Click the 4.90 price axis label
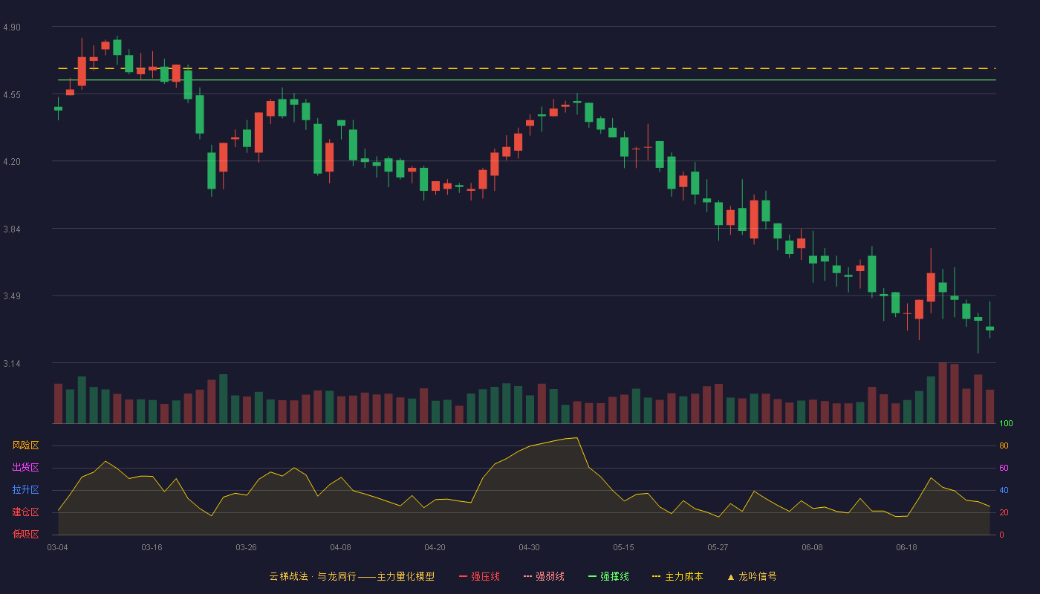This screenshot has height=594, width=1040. coord(12,27)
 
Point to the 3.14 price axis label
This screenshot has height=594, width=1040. coord(12,364)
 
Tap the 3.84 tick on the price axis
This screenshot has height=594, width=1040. coord(12,229)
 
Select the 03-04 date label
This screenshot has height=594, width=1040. coord(58,548)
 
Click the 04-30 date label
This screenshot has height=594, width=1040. coord(529,548)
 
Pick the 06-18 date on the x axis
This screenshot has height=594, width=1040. coord(907,548)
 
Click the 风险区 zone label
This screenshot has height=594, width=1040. coord(25,446)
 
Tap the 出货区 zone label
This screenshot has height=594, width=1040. coord(25,467)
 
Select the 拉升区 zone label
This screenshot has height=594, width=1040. coord(25,489)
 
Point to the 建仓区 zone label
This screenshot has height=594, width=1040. coord(25,512)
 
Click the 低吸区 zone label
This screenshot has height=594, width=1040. coord(25,534)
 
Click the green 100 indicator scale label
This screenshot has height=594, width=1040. coord(1006,423)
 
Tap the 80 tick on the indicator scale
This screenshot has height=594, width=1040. coord(1004,446)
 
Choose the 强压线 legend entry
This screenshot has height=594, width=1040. coord(479,576)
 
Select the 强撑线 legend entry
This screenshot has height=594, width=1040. coord(608,576)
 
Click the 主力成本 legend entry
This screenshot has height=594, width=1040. coord(677,576)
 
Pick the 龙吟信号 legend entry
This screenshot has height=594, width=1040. coord(752,576)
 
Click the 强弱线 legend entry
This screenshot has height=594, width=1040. coord(544,576)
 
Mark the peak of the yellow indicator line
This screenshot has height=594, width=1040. coord(576,437)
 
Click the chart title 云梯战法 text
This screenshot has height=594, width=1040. coord(288,576)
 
